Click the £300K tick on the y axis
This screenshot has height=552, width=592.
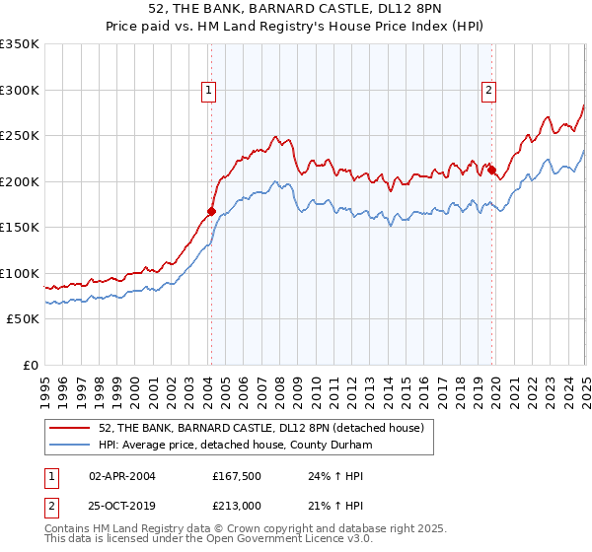(20, 90)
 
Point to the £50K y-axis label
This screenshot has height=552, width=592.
(23, 319)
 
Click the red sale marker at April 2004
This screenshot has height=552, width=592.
(211, 211)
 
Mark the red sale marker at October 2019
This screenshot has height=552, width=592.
(491, 170)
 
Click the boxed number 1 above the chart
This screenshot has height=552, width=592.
(210, 91)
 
